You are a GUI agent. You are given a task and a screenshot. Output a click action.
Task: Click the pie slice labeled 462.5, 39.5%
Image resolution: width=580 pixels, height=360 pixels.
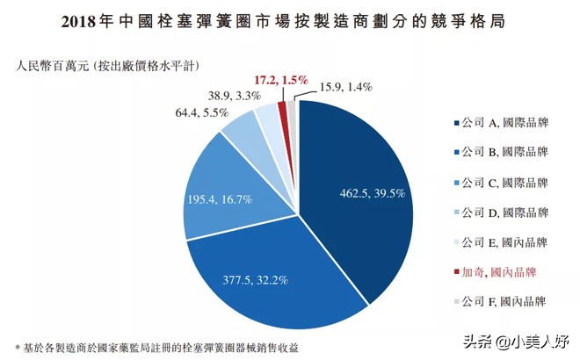pos(360,193)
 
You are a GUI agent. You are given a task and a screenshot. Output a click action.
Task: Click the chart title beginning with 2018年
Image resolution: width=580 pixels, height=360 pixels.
pos(290,18)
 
